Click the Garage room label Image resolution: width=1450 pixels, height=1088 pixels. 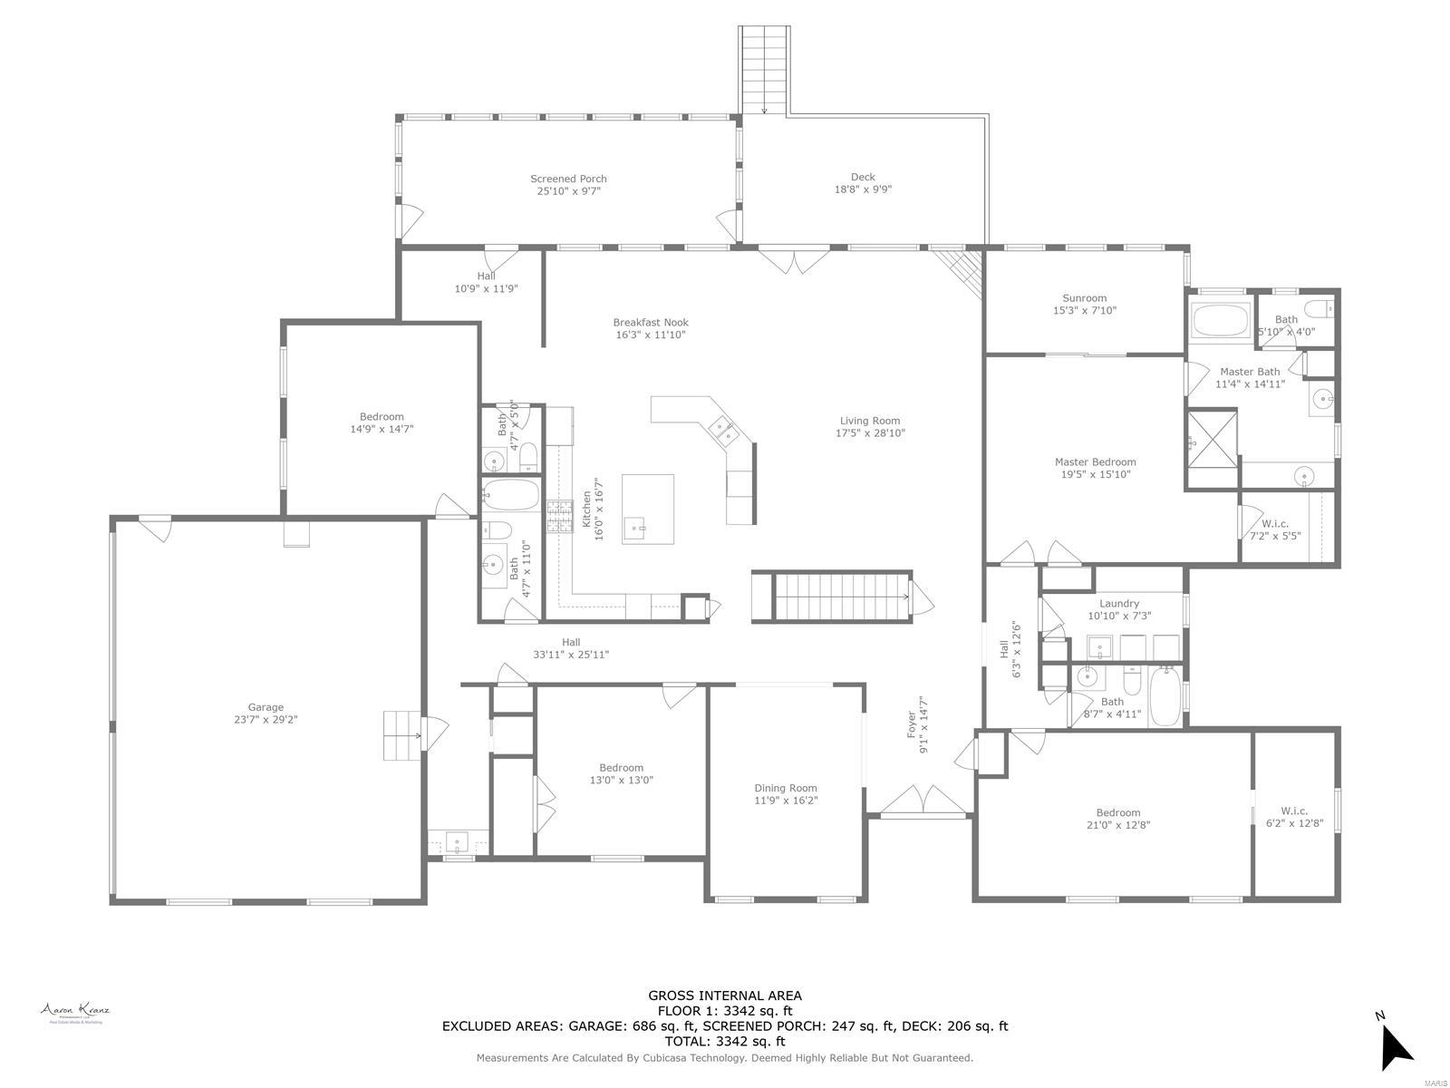coord(266,707)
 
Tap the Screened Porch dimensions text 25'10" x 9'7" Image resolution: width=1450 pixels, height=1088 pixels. coord(568,191)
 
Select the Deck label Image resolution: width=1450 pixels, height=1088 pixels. coord(863,177)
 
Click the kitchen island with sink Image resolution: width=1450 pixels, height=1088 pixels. coord(647,509)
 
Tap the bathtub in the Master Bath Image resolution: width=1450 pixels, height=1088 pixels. coord(1220,321)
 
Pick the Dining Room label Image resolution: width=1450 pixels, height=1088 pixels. coord(786,788)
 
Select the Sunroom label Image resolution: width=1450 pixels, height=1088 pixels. coord(1084,297)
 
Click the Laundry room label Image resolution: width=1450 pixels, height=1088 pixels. coord(1118,603)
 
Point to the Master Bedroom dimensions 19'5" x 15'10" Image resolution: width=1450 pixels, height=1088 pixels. coord(1096,474)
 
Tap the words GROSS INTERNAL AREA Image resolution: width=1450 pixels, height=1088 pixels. coord(724,996)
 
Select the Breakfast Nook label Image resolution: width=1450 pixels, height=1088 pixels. coord(650,322)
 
